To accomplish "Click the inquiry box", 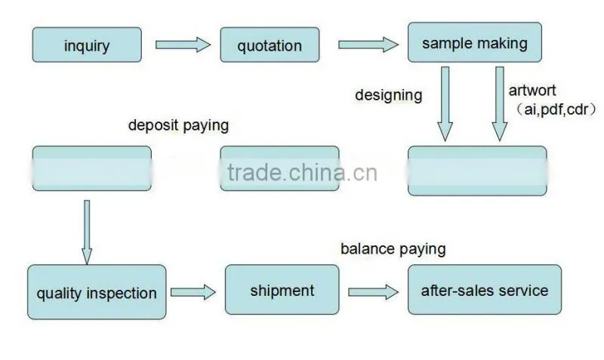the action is click(x=87, y=45).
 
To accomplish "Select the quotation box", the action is click(x=270, y=45).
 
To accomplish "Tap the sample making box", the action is click(x=475, y=42).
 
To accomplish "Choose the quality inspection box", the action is click(x=97, y=292).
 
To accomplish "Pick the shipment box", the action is click(x=282, y=290).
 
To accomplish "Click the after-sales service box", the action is click(x=485, y=290).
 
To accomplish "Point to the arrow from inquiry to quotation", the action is click(x=183, y=45).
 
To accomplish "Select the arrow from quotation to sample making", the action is click(x=368, y=45).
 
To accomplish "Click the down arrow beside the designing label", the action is click(x=445, y=104).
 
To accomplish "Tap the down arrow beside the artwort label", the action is click(x=500, y=104).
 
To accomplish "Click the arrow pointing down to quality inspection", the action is click(x=87, y=232).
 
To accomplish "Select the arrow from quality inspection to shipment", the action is click(x=193, y=292).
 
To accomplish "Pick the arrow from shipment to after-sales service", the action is click(x=373, y=292).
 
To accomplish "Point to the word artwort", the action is click(x=532, y=91).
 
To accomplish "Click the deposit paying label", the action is click(x=178, y=125).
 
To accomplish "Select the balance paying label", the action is click(x=393, y=249).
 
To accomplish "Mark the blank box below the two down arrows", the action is click(x=477, y=171).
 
